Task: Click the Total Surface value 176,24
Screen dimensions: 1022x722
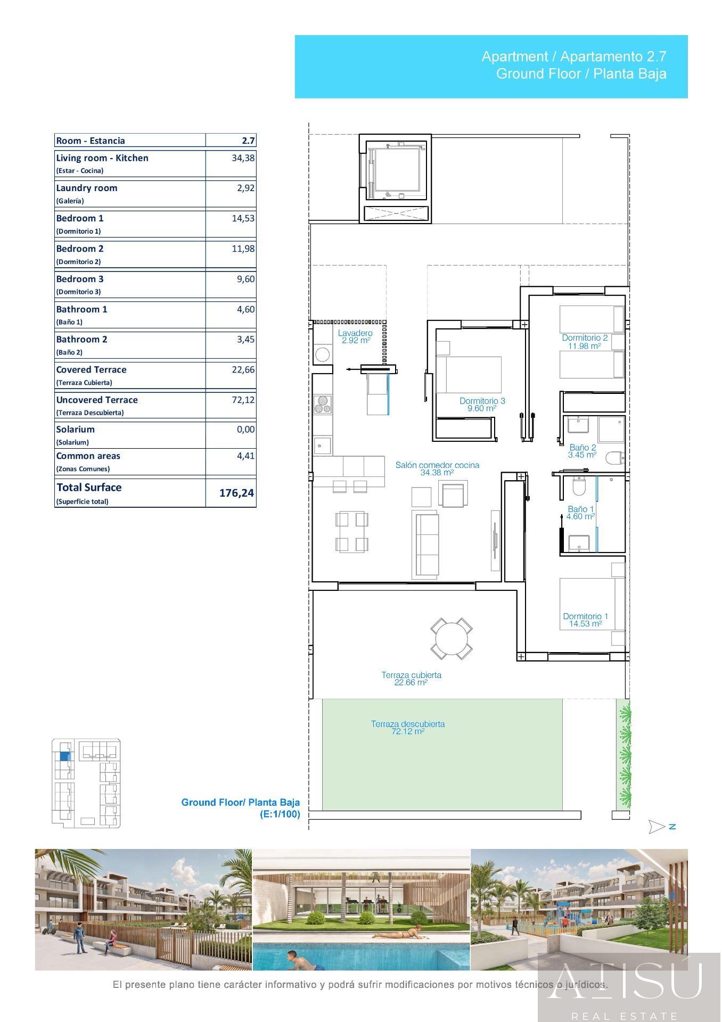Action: (236, 493)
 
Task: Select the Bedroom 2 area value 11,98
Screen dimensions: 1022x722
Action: (243, 249)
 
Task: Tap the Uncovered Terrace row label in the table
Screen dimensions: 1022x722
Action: (97, 400)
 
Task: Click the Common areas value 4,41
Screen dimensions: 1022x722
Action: (245, 456)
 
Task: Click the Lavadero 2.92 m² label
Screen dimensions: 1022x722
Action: (355, 337)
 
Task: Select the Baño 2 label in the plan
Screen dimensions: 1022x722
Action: (582, 451)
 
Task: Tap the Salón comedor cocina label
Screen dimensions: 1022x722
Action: (437, 468)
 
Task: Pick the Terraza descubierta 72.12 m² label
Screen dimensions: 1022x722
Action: (408, 727)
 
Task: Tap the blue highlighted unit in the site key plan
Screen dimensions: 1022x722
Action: (64, 755)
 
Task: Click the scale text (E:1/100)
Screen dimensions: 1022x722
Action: (280, 814)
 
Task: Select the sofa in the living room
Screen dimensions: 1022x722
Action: (425, 544)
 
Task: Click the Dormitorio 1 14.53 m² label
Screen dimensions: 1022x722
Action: (585, 620)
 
